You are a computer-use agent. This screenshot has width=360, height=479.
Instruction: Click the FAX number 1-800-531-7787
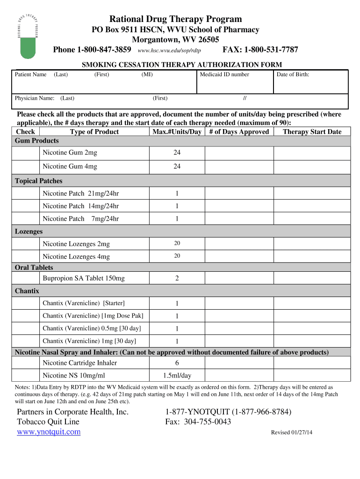(260, 50)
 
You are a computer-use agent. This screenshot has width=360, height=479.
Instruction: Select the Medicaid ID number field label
(224, 74)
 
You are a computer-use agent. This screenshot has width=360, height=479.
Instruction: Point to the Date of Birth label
(293, 74)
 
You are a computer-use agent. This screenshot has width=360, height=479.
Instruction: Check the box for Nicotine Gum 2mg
(25, 153)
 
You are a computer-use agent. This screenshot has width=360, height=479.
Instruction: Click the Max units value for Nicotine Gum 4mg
(177, 167)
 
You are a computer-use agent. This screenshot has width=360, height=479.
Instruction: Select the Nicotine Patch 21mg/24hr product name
(80, 193)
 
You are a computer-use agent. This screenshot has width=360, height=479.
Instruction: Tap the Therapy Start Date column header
(312, 131)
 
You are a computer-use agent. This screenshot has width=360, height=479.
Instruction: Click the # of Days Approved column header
(239, 131)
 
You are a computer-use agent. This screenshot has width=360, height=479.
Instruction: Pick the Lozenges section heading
(29, 232)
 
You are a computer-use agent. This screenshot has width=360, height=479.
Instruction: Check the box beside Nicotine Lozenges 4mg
(25, 256)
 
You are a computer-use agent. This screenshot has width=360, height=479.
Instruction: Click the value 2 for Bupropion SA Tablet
(177, 278)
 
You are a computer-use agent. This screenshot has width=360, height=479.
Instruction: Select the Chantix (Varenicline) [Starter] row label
(84, 303)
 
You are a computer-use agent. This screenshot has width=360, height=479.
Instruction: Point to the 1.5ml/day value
(177, 376)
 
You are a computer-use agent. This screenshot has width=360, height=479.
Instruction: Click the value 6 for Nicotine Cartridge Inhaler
(177, 363)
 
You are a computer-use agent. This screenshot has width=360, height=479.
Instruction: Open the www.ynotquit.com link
(49, 432)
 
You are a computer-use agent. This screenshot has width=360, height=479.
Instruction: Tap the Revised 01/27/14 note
(292, 432)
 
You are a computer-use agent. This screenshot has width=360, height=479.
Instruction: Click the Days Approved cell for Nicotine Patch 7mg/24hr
(239, 219)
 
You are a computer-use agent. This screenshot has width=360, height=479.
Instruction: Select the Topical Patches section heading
(38, 181)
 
